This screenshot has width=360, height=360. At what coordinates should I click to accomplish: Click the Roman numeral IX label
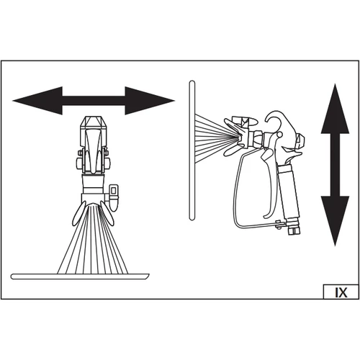click(x=341, y=292)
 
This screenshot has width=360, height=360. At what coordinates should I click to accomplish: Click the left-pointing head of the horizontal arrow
click(x=37, y=101)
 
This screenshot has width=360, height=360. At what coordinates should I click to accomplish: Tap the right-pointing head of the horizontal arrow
click(x=150, y=101)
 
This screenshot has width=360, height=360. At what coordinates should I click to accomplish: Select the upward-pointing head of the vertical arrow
click(x=335, y=109)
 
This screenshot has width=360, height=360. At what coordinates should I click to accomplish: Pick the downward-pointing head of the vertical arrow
click(x=335, y=221)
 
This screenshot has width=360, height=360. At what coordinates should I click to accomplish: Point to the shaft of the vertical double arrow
click(x=335, y=165)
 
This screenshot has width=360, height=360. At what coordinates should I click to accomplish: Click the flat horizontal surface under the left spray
click(x=80, y=276)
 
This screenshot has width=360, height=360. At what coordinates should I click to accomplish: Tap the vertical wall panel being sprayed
click(x=192, y=150)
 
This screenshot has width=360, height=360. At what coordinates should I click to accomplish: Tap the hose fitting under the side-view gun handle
click(x=293, y=228)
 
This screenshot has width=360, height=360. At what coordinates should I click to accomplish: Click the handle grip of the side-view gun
click(x=290, y=192)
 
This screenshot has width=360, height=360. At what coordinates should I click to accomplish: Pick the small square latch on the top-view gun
click(x=114, y=191)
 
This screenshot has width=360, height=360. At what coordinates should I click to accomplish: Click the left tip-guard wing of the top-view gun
click(x=78, y=213)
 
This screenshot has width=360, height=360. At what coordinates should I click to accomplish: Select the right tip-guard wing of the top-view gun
click(x=107, y=213)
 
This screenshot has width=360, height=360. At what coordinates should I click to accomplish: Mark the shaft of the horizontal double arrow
click(x=94, y=101)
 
